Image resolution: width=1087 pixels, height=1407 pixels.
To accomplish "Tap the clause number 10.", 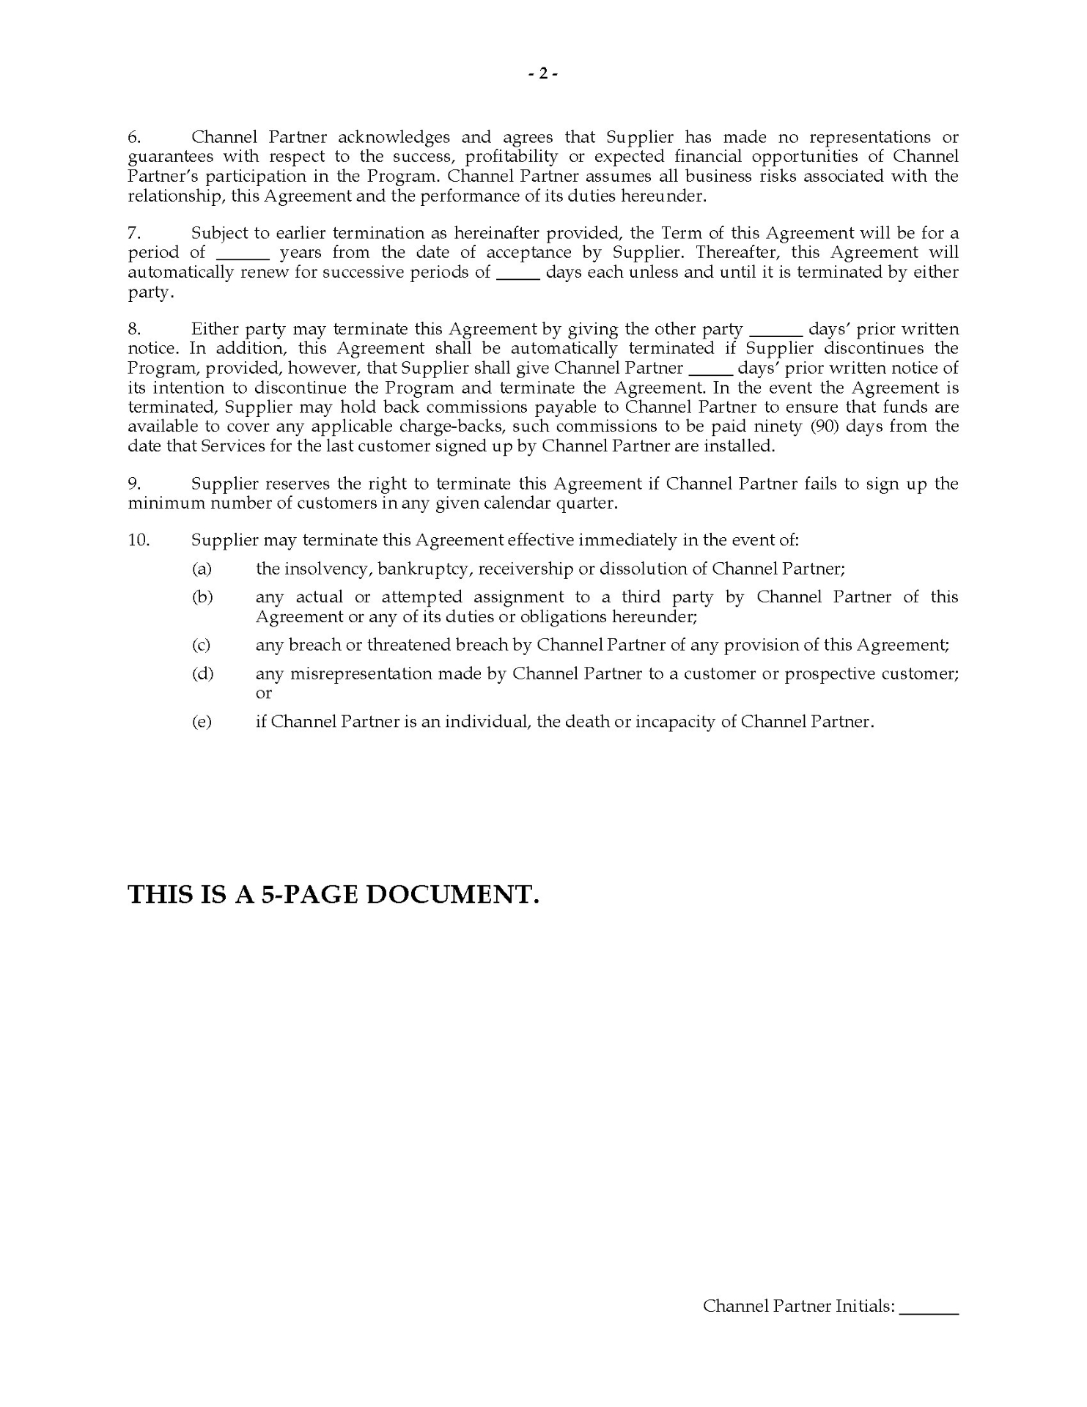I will pos(139,540).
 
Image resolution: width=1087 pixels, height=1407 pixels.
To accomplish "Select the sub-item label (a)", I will pos(202,569).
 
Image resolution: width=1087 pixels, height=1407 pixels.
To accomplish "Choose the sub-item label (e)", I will pos(202,722).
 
